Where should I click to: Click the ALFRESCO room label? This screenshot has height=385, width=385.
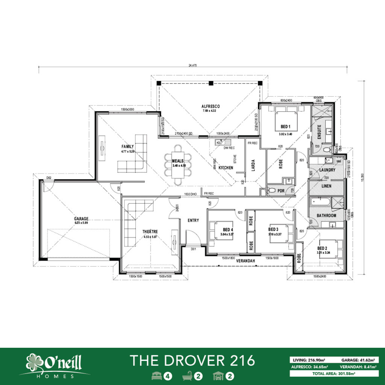coord(211,106)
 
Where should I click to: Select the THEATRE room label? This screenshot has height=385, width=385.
coord(149,232)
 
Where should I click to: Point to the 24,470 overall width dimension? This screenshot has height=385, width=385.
coord(192,65)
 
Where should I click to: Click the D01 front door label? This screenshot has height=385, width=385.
coord(193,249)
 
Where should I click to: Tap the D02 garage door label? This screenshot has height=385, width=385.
coord(49,177)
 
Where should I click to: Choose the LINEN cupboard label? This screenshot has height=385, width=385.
coord(326,186)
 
